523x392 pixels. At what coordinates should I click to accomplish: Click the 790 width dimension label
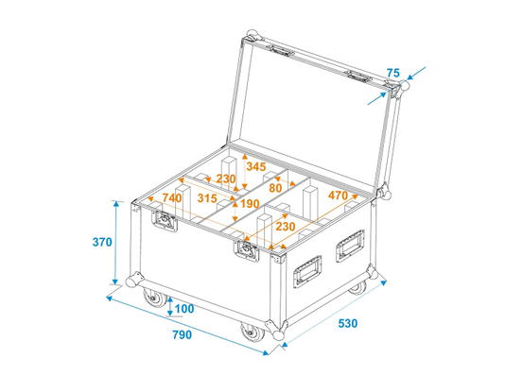[183, 334]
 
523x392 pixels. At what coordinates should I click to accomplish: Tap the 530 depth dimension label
[347, 323]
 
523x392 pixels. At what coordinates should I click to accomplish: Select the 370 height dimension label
[102, 242]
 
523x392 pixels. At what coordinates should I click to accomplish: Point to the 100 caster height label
[184, 309]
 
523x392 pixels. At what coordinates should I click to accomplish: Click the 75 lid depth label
[393, 73]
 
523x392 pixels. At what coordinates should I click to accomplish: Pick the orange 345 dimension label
[256, 166]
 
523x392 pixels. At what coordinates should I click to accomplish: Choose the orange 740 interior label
[172, 198]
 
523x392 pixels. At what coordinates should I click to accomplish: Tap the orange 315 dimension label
[207, 198]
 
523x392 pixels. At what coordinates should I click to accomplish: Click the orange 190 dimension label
[250, 204]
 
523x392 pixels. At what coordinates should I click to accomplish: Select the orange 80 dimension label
[275, 189]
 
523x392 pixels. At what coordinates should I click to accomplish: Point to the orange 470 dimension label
[338, 196]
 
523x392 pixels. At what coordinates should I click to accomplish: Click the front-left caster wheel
[155, 298]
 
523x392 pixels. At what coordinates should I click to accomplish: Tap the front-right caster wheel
[253, 332]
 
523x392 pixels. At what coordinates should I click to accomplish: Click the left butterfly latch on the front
[165, 220]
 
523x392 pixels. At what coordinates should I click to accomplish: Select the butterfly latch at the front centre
[247, 249]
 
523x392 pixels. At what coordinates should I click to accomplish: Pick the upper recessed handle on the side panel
[350, 246]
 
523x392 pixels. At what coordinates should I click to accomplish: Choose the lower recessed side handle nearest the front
[307, 271]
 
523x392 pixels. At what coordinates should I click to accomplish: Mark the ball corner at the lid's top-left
[252, 35]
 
